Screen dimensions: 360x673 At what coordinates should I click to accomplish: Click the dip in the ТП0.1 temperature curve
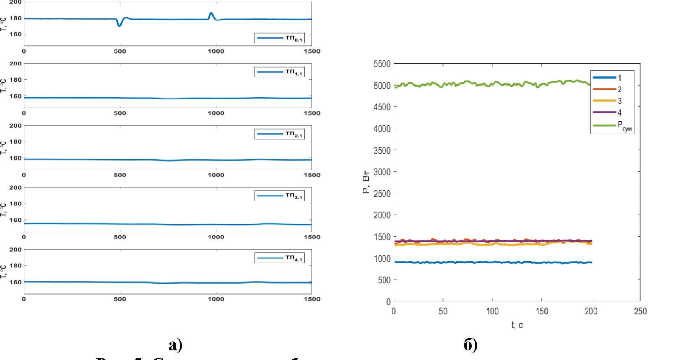120,25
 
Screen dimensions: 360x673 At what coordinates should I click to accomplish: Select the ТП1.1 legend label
294,72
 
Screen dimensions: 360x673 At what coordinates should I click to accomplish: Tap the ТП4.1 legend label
294,258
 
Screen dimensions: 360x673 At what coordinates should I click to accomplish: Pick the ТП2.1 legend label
294,134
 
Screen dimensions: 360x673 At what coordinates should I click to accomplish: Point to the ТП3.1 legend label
294,196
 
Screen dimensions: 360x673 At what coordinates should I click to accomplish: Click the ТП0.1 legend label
294,38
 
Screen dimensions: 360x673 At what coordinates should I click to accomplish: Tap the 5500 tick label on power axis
382,64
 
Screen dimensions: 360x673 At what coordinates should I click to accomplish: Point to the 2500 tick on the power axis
382,194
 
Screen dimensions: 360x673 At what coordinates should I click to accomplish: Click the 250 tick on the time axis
640,311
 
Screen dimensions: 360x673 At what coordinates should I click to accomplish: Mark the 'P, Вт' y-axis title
366,182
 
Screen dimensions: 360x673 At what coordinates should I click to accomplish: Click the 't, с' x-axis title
517,325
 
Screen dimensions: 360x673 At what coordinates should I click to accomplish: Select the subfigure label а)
176,344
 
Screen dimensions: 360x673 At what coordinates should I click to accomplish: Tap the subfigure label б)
470,344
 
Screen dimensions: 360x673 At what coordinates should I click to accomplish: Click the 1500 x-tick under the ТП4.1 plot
312,299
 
